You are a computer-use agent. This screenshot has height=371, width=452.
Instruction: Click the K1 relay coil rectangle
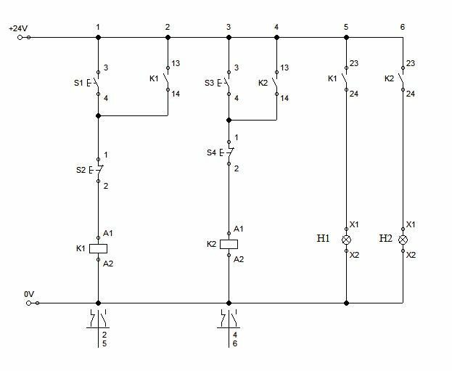pos(98,249)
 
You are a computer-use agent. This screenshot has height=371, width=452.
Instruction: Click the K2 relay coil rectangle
pos(229,245)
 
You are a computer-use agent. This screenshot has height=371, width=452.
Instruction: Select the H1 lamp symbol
pos(347,240)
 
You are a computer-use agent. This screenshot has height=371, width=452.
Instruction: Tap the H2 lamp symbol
pos(403,240)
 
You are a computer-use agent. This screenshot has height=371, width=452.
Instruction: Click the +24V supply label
pos(18,28)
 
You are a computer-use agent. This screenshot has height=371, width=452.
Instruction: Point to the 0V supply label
pos(29,294)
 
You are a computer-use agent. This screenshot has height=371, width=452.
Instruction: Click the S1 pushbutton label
pos(78,83)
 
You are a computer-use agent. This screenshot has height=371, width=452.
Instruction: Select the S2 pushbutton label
pos(81,170)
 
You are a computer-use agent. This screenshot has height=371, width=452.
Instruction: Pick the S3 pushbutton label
pos(209,83)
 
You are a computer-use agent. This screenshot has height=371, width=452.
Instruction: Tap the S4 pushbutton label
pos(211,152)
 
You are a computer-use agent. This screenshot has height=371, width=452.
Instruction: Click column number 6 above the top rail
pos(403,27)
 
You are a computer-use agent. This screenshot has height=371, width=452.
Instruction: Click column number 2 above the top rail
pos(168,27)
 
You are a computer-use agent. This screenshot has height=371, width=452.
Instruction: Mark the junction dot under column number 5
pos(347,37)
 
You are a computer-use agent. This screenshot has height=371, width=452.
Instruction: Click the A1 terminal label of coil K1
pos(108,233)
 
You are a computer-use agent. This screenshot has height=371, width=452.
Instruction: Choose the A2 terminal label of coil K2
pos(239,259)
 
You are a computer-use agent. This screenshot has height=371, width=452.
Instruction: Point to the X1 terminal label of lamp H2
pos(411,224)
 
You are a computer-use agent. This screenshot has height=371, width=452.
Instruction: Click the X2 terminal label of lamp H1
pos(354,255)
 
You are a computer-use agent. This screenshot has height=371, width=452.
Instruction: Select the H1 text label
pos(323,238)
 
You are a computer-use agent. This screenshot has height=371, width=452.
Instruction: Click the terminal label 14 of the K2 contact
pos(284,98)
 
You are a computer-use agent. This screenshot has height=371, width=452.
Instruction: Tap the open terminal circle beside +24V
pos(20,37)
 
